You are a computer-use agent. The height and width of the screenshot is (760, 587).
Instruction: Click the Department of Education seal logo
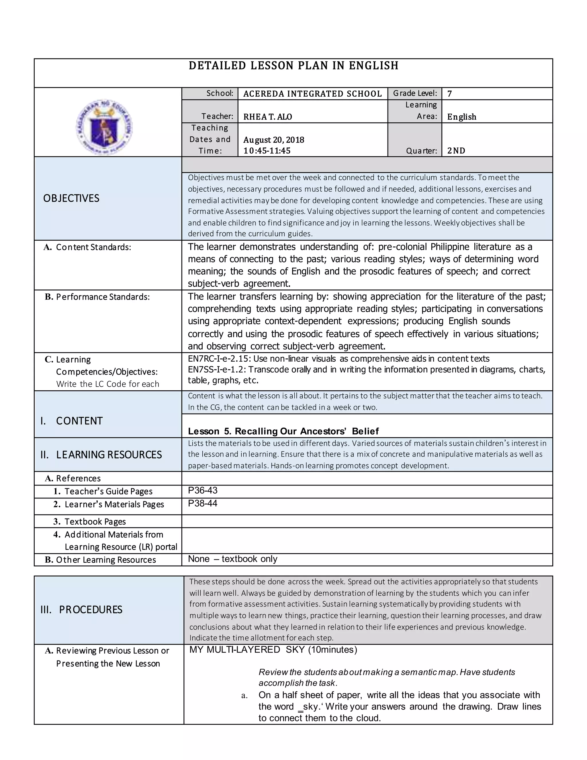click(x=104, y=127)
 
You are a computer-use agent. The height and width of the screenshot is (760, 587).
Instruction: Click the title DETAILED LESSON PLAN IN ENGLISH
click(x=293, y=66)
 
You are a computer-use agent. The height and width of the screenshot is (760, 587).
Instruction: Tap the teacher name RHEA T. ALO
click(x=267, y=117)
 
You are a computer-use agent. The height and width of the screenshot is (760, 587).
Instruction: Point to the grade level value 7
click(x=449, y=93)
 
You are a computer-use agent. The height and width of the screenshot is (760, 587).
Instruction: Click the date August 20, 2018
click(x=273, y=140)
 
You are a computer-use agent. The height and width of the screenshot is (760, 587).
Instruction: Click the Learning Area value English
click(x=461, y=117)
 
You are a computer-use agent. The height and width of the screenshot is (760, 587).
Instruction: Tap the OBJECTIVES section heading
click(x=71, y=198)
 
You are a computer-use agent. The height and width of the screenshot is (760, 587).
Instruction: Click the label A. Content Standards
click(x=88, y=248)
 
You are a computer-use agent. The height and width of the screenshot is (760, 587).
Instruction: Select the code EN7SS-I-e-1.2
click(x=217, y=370)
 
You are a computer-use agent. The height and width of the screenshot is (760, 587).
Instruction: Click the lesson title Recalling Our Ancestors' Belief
click(x=306, y=432)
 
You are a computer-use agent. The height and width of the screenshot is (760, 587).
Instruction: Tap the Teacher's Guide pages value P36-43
click(x=202, y=491)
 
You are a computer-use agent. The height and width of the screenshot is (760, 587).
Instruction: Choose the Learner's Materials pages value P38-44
click(x=202, y=504)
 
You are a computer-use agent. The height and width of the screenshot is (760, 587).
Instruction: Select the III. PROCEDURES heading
click(x=81, y=610)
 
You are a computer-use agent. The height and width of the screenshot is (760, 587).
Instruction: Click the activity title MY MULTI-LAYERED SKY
click(x=247, y=650)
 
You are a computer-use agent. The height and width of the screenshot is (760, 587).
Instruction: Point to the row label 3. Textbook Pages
click(x=90, y=522)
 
